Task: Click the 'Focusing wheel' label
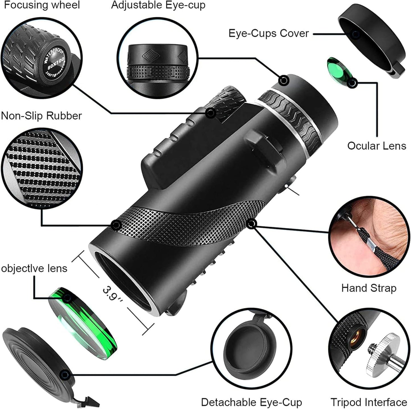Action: click(42, 5)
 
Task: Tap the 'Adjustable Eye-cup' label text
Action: click(158, 5)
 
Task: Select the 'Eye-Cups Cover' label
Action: click(269, 34)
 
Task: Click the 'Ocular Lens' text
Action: click(376, 146)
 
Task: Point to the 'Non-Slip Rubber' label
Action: click(42, 116)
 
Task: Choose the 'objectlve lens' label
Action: click(34, 268)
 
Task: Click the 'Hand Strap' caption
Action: click(369, 288)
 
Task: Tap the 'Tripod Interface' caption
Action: click(369, 402)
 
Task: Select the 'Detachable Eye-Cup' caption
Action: click(251, 402)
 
